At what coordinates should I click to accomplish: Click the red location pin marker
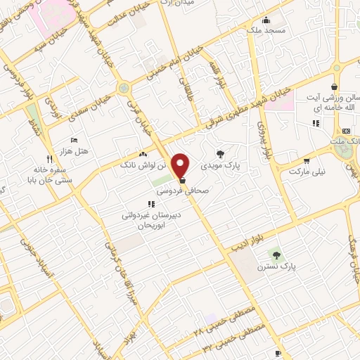tap(182, 165)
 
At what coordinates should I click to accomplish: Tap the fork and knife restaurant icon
tap(49, 159)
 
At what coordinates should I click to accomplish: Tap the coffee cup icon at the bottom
tap(278, 352)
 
